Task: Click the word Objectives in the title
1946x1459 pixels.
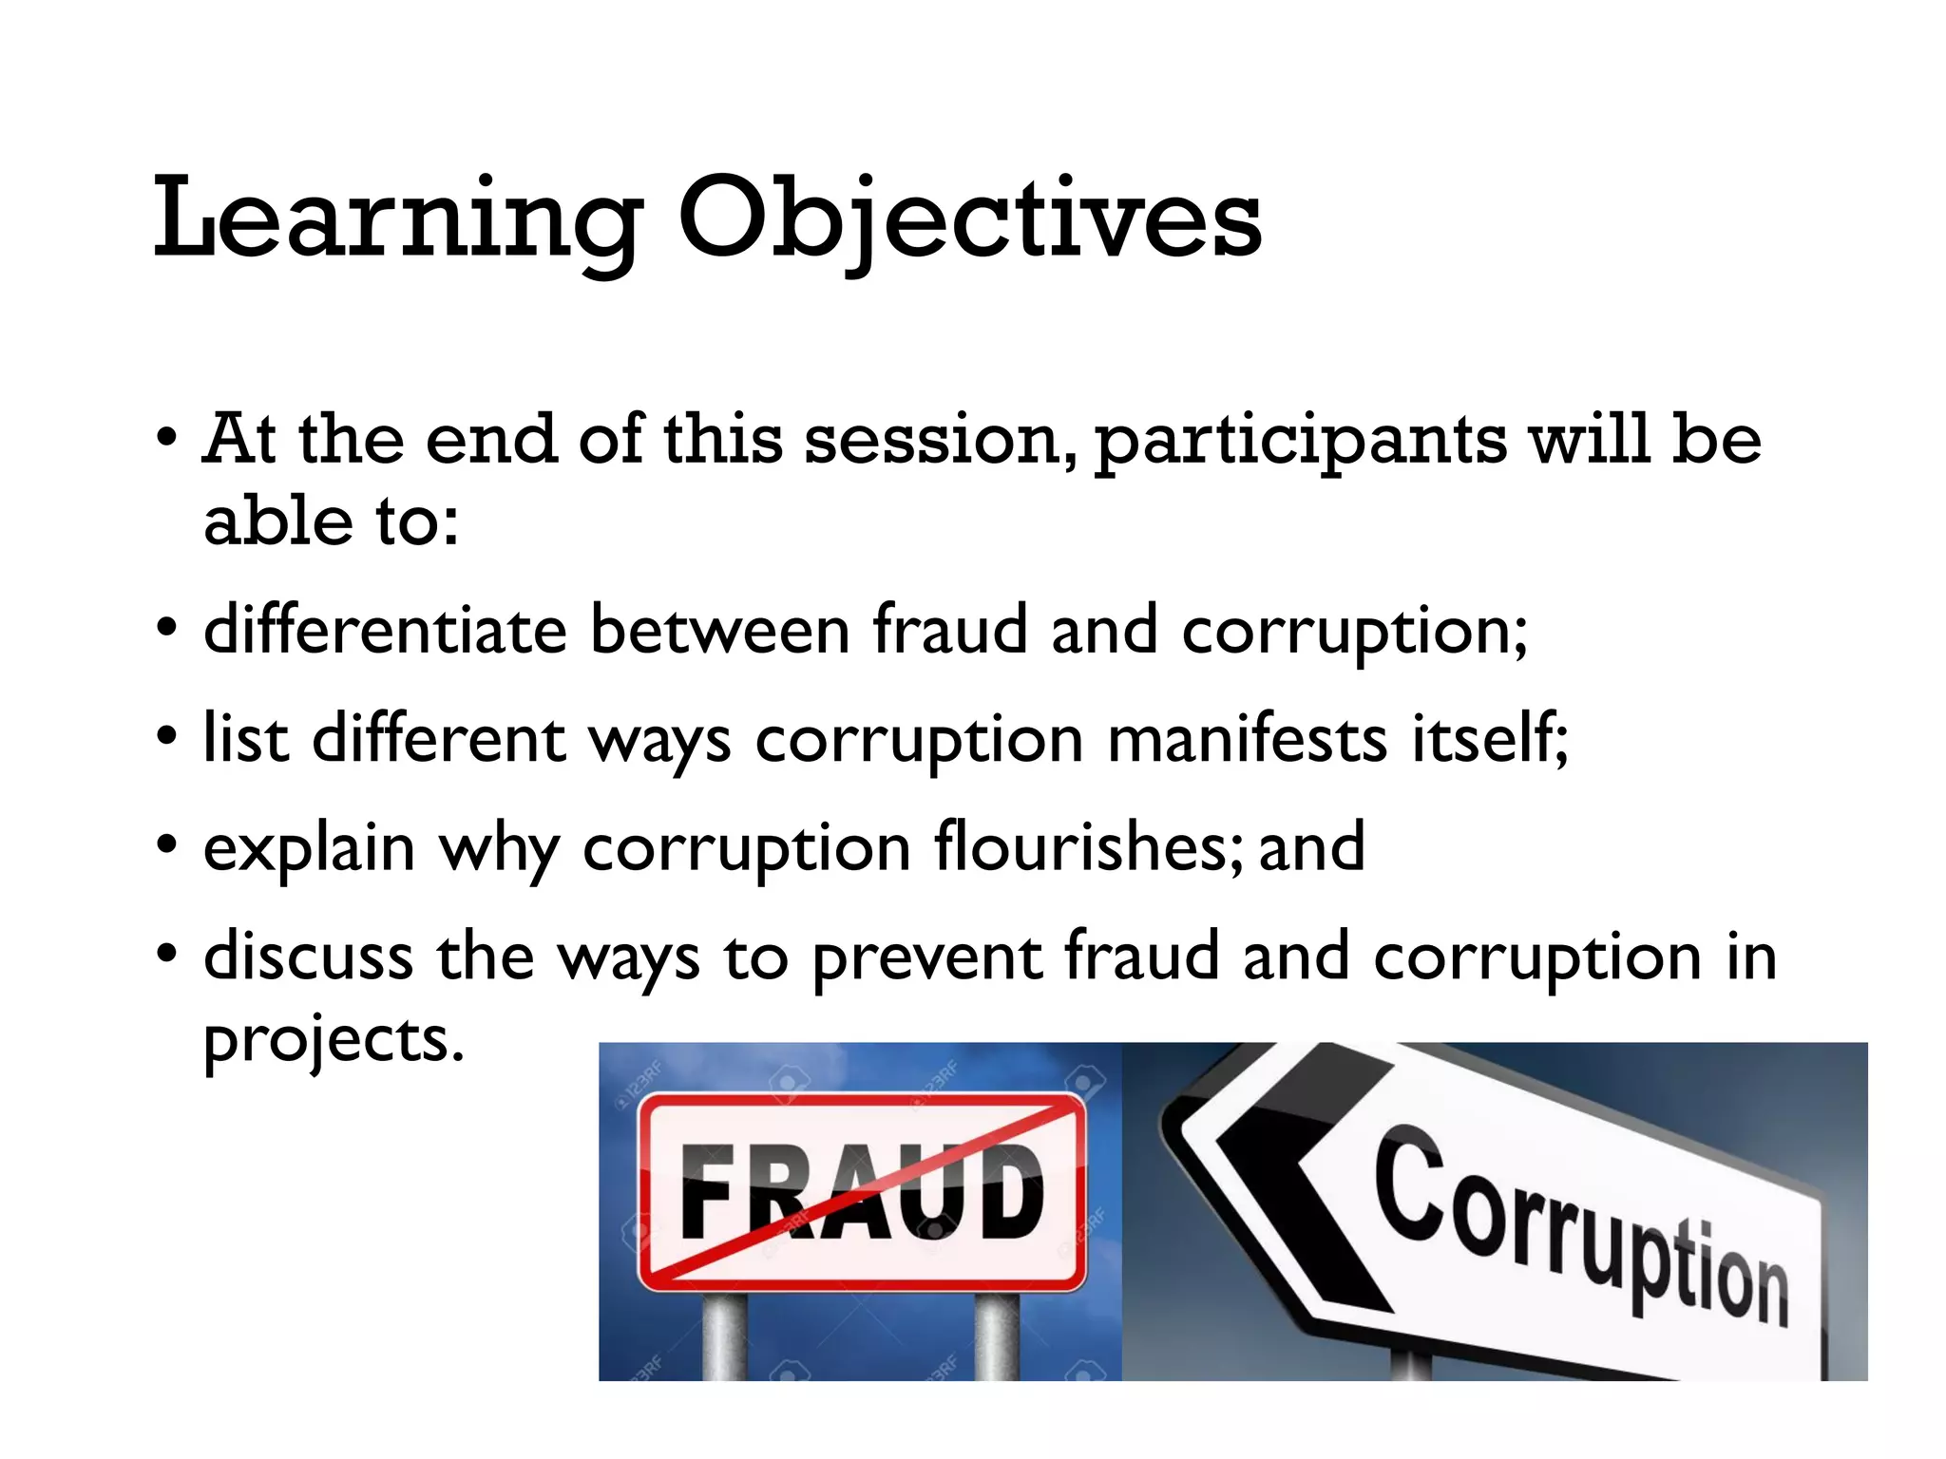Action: click(x=969, y=220)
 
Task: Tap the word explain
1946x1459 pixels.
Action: click(x=309, y=848)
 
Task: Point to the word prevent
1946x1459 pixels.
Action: click(x=927, y=957)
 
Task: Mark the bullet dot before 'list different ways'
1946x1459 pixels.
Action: click(x=167, y=737)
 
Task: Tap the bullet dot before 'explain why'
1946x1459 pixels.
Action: click(x=167, y=844)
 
